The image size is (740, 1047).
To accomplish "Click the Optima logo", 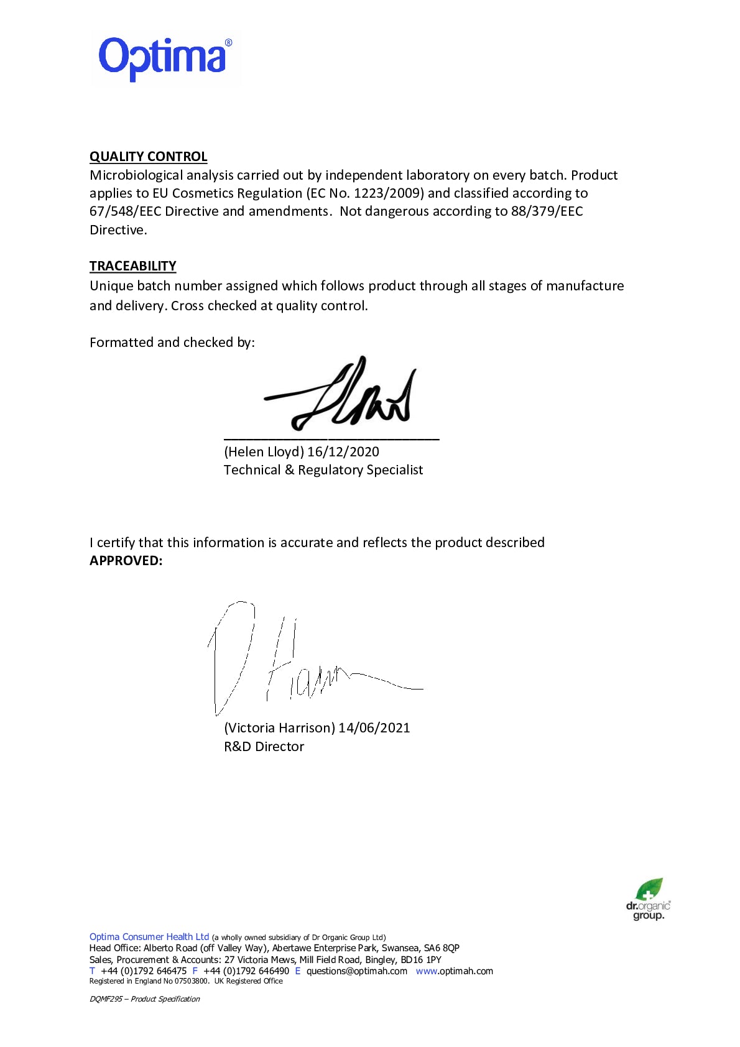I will [165, 58].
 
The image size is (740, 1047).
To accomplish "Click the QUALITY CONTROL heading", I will [148, 157].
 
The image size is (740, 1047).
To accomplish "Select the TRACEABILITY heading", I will [132, 266].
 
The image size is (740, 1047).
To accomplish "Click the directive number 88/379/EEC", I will [547, 211].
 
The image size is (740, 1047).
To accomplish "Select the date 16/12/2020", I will [343, 452].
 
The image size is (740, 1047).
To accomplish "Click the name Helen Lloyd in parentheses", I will [264, 452].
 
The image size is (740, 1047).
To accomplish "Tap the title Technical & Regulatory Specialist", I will [323, 470].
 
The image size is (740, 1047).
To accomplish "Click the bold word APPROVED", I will [126, 561].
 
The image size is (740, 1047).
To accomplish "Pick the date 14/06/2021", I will [374, 728].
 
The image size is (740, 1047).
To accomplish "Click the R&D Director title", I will [264, 747].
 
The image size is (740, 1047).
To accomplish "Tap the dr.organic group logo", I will [648, 899].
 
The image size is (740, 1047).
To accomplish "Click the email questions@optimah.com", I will [356, 971].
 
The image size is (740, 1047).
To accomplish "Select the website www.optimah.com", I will [454, 971].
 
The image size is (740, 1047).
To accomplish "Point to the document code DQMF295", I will [106, 999].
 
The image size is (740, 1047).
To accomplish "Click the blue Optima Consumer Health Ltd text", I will [149, 937].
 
